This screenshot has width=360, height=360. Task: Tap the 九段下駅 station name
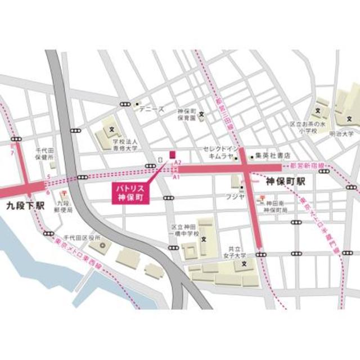click(24, 206)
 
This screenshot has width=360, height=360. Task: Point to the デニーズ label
click(152, 109)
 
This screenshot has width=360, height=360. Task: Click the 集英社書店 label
click(272, 155)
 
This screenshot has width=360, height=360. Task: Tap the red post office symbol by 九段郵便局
click(58, 195)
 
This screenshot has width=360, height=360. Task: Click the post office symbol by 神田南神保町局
click(259, 199)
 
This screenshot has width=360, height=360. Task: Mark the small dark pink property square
click(173, 154)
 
